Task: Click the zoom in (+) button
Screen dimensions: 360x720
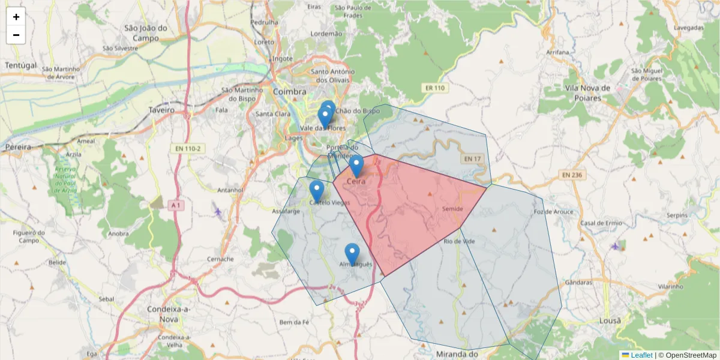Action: coord(16,17)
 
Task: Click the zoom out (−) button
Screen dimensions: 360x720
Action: coord(16,35)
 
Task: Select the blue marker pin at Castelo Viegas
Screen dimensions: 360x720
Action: coord(317,191)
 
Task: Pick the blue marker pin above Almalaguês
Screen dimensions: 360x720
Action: coord(352,254)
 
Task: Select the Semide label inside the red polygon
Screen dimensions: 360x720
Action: coord(452,208)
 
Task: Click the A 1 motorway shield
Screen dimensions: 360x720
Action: coord(175,205)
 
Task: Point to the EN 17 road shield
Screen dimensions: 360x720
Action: coord(472,159)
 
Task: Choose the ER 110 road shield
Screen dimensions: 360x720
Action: coord(434,88)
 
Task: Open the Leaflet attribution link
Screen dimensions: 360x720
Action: coord(641,355)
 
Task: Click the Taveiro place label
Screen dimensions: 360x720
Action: coord(161,110)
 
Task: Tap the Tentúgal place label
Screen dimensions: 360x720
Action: coord(20,65)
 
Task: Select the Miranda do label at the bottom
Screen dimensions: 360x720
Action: coord(457,354)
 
